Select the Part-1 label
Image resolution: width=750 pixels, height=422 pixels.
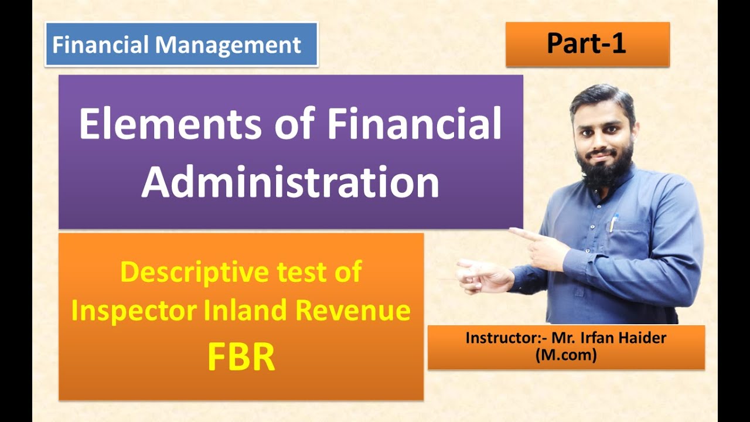(587, 44)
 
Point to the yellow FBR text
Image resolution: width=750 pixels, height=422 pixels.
(241, 359)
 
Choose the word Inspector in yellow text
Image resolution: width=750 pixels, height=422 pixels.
(134, 311)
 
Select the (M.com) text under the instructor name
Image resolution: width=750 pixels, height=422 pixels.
(565, 355)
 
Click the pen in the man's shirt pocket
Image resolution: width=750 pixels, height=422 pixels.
(614, 223)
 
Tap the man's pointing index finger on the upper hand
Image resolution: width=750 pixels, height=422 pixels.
(518, 233)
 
